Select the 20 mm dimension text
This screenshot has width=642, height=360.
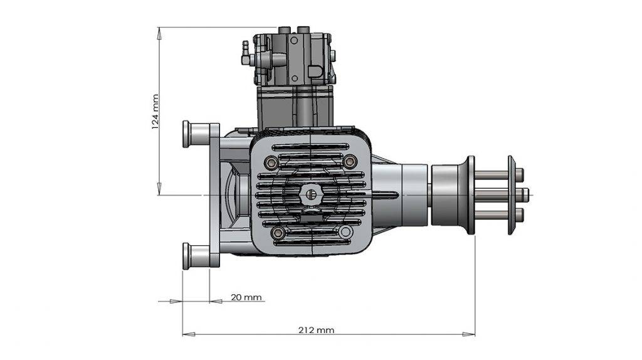(x=246, y=297)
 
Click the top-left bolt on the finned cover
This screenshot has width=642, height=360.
(x=271, y=162)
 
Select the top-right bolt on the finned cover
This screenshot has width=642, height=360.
(x=350, y=162)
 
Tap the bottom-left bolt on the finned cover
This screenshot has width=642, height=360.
(x=276, y=233)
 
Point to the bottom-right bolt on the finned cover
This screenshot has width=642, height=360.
(x=344, y=233)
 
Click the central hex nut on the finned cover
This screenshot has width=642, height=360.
(x=310, y=194)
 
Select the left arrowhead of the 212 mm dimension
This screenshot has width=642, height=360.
(x=186, y=334)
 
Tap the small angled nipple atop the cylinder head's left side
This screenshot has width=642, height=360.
(x=245, y=47)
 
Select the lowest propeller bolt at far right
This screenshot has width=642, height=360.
(x=521, y=214)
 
